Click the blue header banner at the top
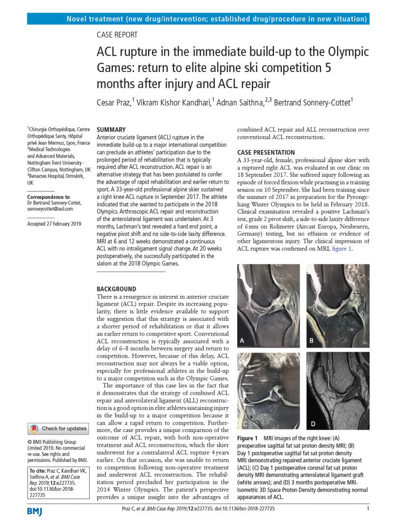(198, 19)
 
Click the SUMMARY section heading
(111, 129)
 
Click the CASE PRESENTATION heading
(266, 152)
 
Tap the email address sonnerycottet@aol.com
(50, 209)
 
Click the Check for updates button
(58, 429)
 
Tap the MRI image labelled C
(269, 390)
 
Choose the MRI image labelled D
(338, 390)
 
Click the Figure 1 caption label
(247, 437)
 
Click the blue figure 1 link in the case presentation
(342, 249)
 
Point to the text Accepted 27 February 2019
(54, 224)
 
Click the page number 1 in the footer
(368, 509)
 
